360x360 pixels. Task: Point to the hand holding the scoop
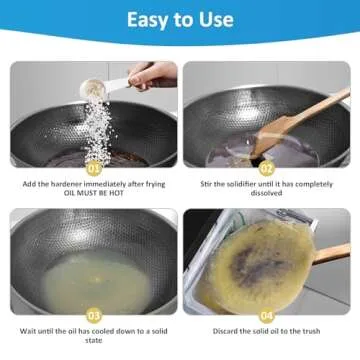pos(152,75)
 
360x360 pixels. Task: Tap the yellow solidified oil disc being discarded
pos(255,262)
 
